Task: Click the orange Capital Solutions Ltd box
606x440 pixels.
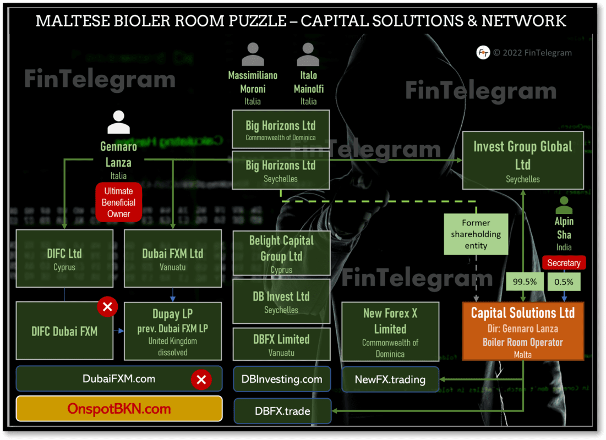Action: (x=522, y=331)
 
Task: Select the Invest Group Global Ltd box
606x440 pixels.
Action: (x=522, y=160)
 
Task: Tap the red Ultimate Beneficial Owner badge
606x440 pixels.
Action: (x=118, y=202)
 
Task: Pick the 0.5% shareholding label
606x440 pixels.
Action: (x=564, y=282)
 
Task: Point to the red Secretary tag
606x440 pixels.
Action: (x=564, y=263)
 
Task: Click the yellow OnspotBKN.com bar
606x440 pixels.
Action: (x=119, y=409)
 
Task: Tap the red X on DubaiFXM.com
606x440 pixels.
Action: (x=201, y=380)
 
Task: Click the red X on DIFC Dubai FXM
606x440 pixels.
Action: (x=107, y=307)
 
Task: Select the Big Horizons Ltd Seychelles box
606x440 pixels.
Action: (x=281, y=170)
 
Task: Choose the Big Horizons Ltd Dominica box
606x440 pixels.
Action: (x=281, y=130)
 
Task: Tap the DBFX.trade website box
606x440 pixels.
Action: (x=283, y=411)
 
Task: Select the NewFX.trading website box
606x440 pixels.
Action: (x=390, y=380)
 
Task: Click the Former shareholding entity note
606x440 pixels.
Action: (x=476, y=234)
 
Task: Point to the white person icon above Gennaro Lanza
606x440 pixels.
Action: (x=118, y=122)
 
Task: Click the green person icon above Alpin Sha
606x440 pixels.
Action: (x=564, y=205)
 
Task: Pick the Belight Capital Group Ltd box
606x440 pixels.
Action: (x=281, y=253)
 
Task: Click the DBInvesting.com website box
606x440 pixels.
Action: (x=282, y=380)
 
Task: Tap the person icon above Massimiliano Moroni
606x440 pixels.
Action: (x=253, y=54)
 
